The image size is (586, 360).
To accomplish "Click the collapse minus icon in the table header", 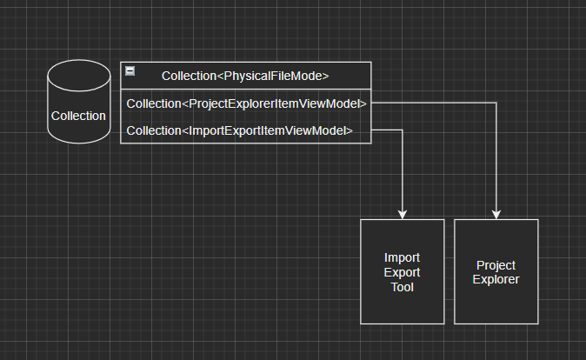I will (x=130, y=70).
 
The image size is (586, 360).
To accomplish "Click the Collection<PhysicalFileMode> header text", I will (x=245, y=76).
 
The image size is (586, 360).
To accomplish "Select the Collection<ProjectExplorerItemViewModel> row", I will (x=246, y=103).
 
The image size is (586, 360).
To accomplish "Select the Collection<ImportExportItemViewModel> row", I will (x=239, y=131).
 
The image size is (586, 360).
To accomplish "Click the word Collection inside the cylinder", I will (x=78, y=115).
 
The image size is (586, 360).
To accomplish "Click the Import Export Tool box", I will (x=402, y=271).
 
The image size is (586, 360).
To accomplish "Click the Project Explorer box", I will (x=496, y=271).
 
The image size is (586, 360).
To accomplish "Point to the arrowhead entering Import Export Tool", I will (x=402, y=214).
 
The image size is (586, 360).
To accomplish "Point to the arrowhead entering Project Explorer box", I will (x=496, y=214).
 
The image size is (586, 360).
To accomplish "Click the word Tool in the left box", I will (x=402, y=287).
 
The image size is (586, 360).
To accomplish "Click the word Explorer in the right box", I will (x=496, y=280).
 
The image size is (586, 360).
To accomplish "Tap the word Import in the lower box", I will (x=402, y=257).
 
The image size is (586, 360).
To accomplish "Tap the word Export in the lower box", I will (x=402, y=272).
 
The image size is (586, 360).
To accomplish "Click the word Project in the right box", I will (x=496, y=265).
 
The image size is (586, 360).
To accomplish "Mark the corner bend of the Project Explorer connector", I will (x=496, y=103).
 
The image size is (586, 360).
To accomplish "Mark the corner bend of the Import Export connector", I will (x=402, y=130).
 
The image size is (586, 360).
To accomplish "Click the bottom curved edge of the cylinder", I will (x=78, y=142).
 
